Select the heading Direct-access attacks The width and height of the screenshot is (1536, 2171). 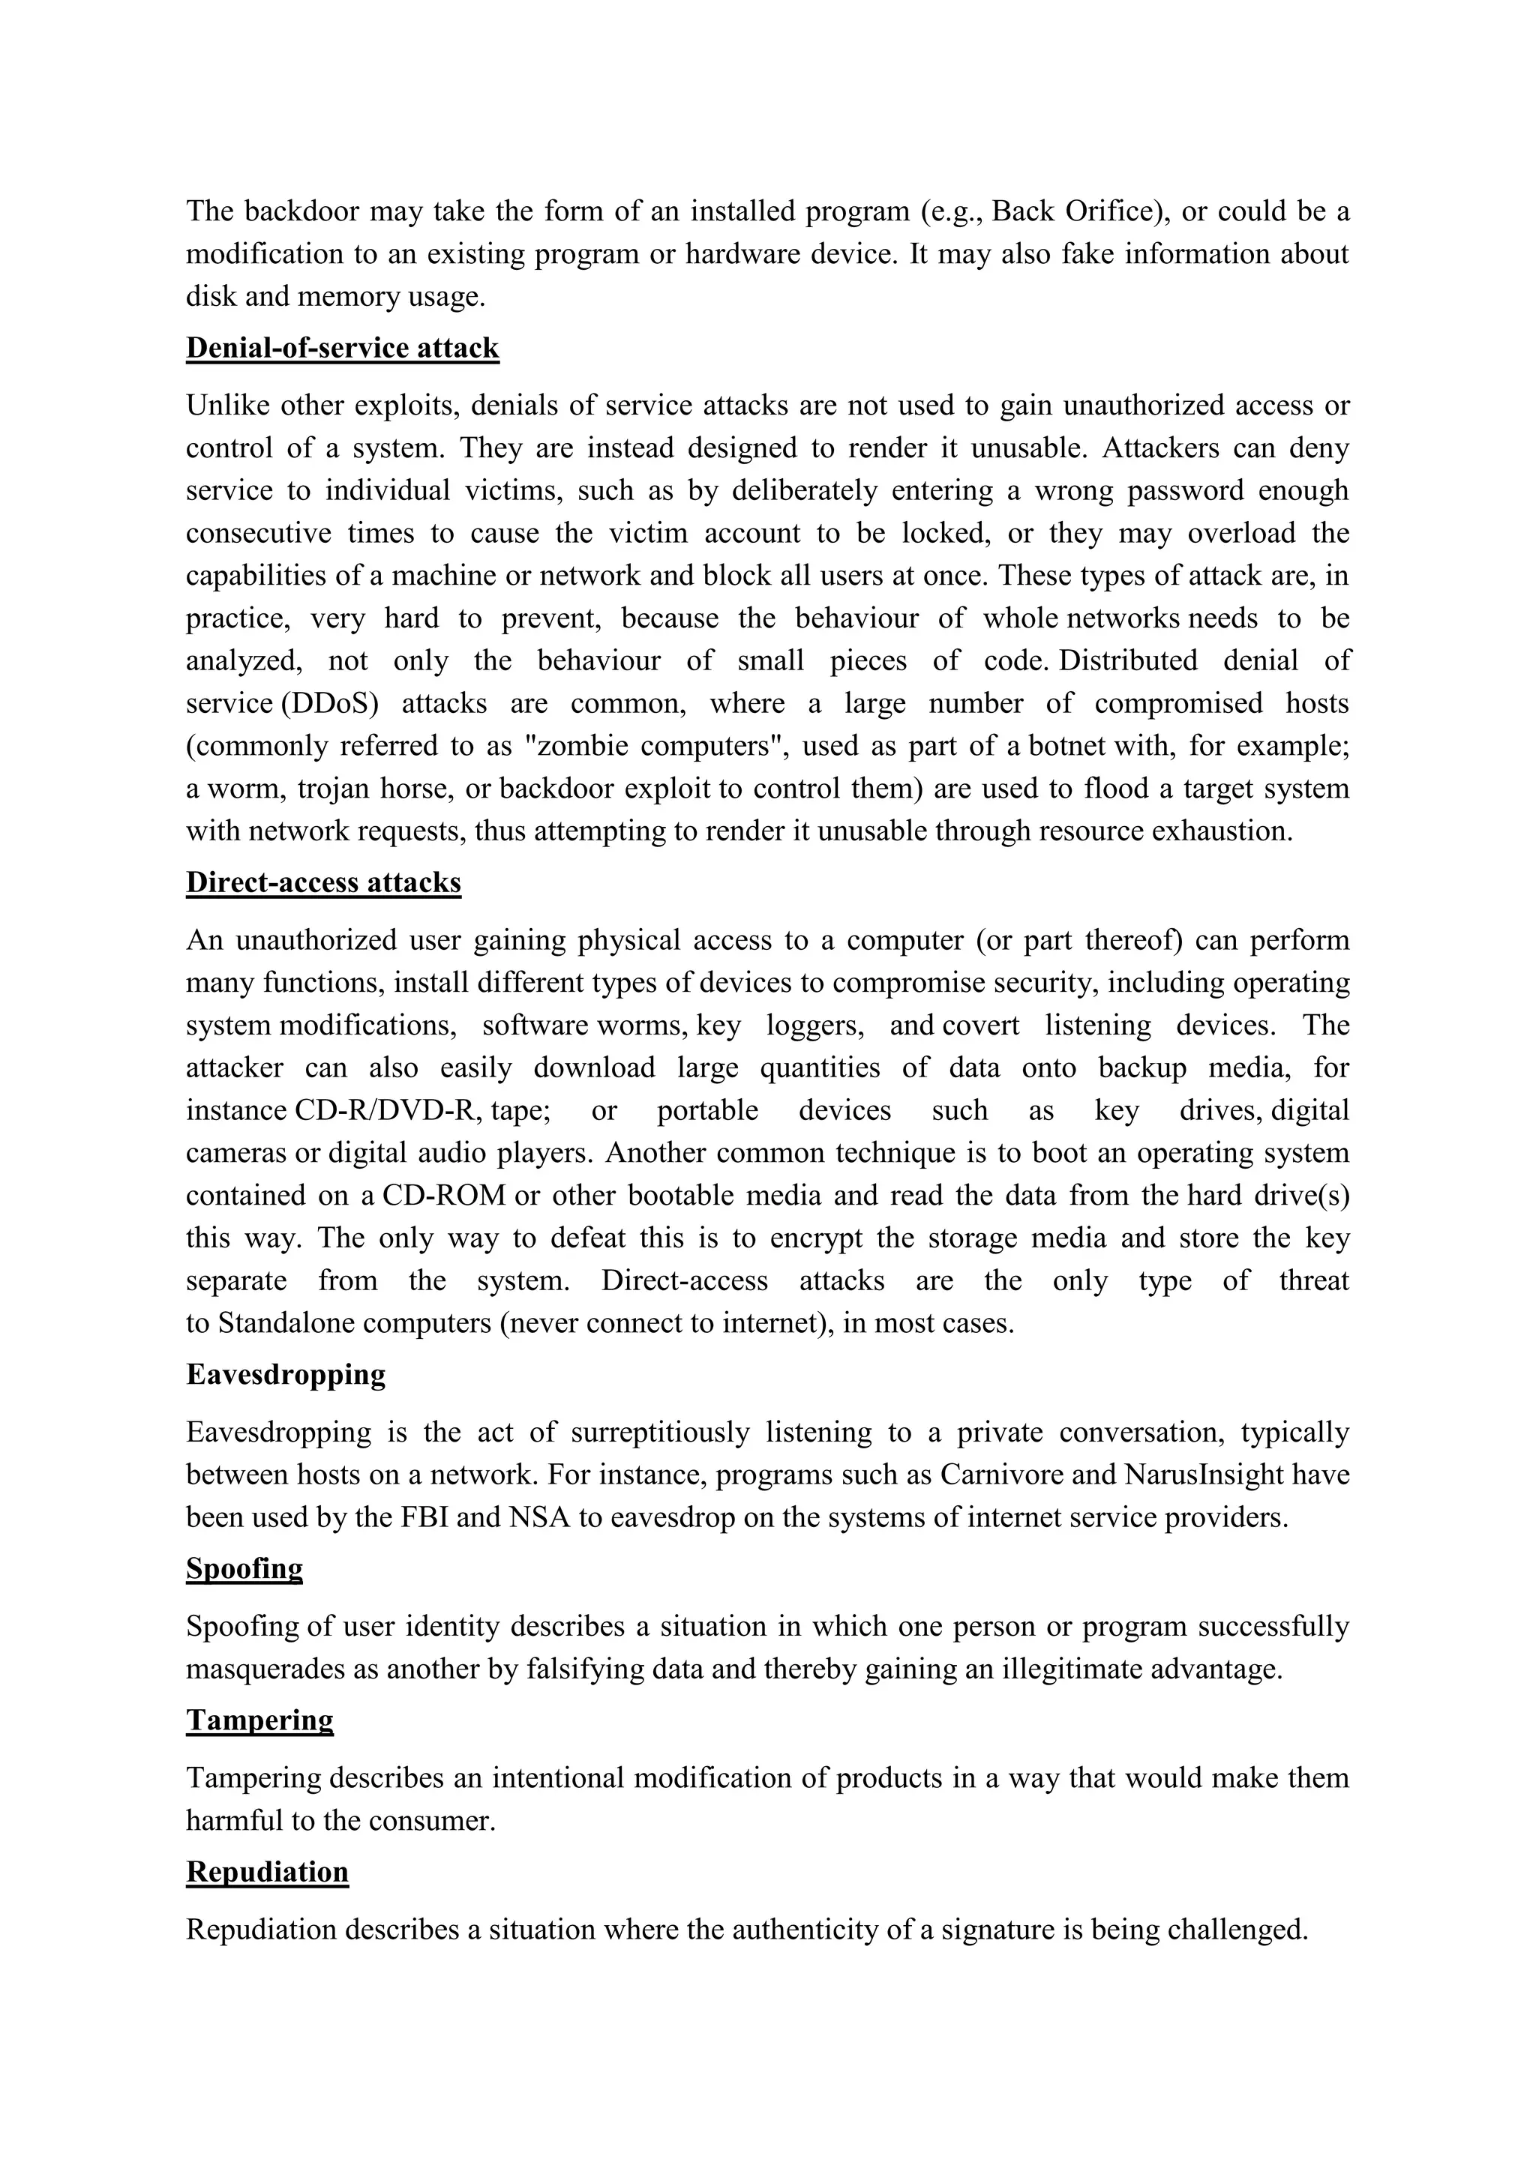[x=322, y=882]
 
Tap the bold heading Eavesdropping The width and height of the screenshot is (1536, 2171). [x=285, y=1374]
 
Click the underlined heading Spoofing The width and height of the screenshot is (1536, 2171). [x=244, y=1569]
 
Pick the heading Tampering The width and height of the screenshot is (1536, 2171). [x=259, y=1720]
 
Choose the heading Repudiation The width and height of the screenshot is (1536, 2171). [x=267, y=1872]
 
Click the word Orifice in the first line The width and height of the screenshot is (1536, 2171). [x=1106, y=211]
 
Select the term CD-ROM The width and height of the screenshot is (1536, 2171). [x=443, y=1195]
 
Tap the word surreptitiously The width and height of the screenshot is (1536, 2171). [x=659, y=1433]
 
